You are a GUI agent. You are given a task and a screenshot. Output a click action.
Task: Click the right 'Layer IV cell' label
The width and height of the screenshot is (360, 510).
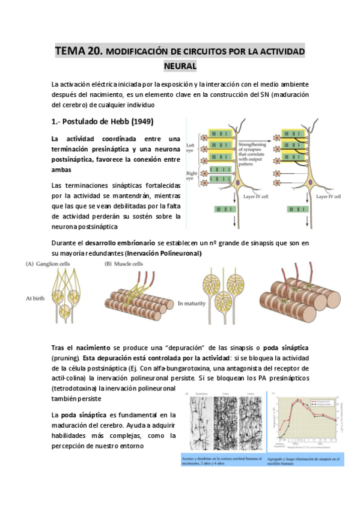(328, 197)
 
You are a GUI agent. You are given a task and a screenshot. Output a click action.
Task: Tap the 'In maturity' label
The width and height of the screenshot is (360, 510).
(194, 304)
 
